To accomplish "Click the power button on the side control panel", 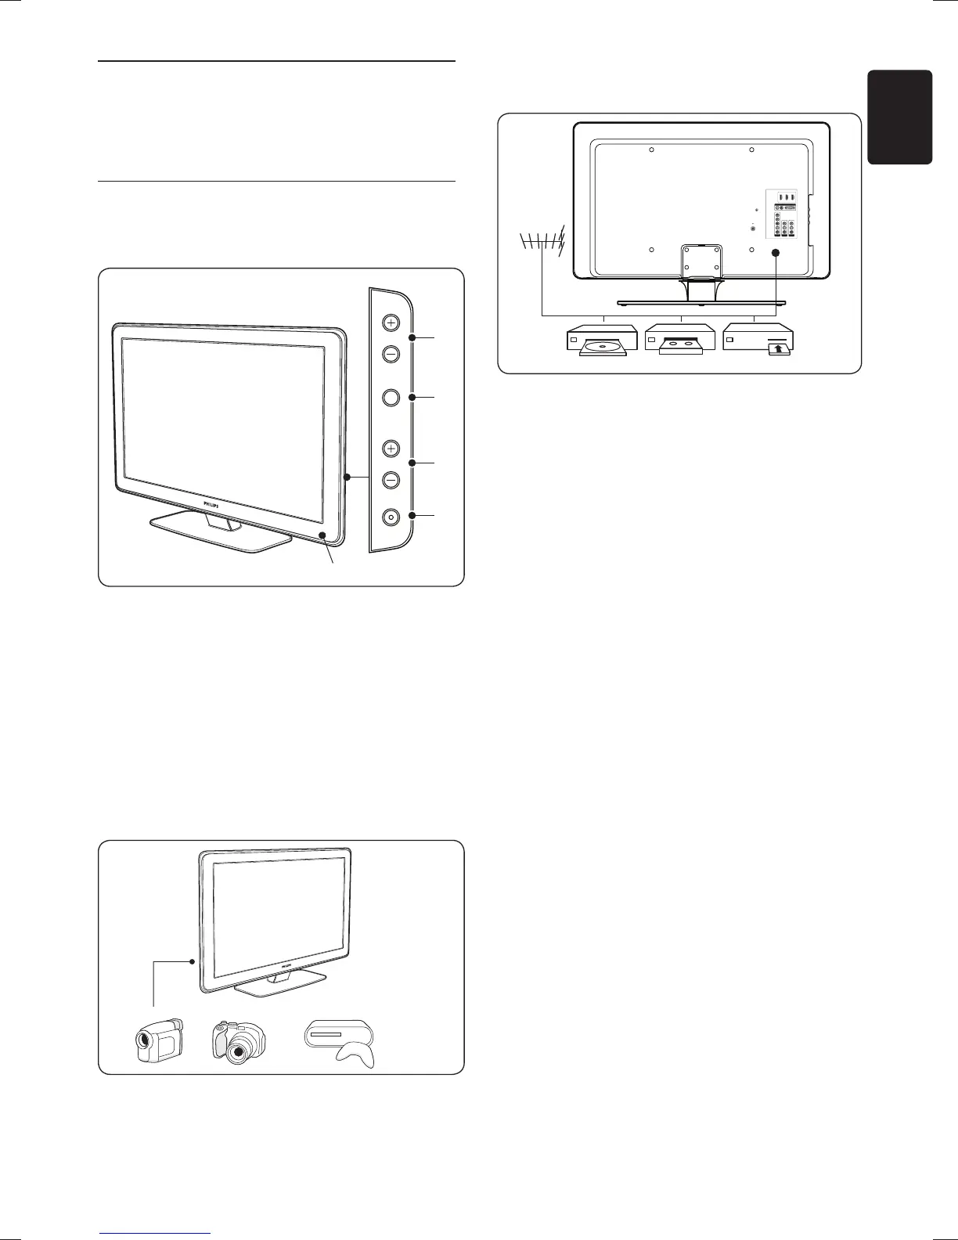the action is [391, 517].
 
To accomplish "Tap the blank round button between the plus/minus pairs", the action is [391, 397].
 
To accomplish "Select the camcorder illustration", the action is [159, 1039].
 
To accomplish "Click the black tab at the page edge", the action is [899, 117].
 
